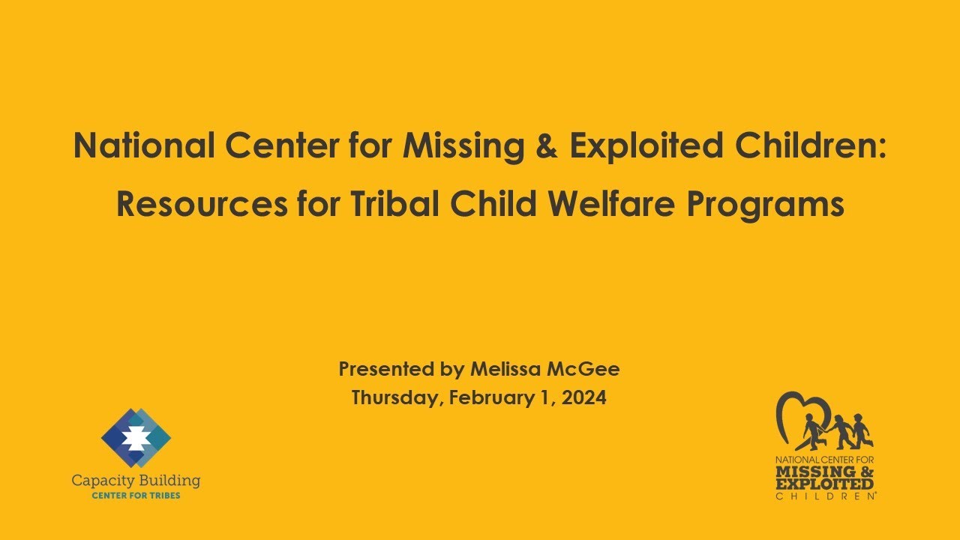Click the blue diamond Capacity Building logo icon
coord(136,437)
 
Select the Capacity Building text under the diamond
coord(136,480)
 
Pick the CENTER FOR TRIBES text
coord(136,496)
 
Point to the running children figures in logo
coord(840,432)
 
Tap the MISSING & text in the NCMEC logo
coord(825,472)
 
